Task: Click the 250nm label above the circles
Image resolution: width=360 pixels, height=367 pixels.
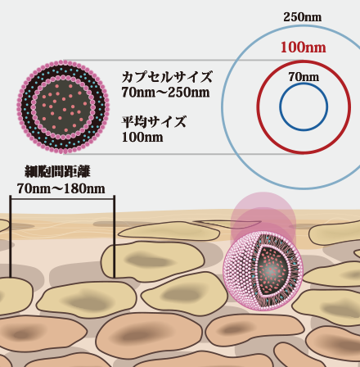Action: (302, 17)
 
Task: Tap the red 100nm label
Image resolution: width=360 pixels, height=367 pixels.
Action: (303, 48)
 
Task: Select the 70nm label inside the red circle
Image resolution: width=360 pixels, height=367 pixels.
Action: (304, 77)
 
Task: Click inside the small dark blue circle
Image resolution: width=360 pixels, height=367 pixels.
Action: (304, 107)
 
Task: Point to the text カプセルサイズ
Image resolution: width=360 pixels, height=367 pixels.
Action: (167, 77)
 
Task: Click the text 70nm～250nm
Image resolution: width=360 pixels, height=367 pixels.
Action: (165, 93)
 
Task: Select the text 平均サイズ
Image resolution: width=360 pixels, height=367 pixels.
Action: (154, 122)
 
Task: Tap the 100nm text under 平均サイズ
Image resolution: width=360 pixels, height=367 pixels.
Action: (142, 137)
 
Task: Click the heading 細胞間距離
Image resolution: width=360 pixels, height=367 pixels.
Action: (57, 171)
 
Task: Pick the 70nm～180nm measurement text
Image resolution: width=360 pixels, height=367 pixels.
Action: (61, 188)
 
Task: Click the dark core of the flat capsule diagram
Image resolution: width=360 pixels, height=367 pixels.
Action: (63, 106)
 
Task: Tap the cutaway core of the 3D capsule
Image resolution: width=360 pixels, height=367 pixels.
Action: (272, 270)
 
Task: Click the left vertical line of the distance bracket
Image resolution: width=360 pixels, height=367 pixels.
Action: (11, 237)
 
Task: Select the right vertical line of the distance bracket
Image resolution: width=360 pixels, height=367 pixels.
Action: (114, 237)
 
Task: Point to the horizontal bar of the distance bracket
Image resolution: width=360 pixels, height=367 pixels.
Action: (62, 199)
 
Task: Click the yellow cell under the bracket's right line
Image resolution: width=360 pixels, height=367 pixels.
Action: (152, 261)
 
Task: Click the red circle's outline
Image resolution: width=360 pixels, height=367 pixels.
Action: (258, 107)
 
